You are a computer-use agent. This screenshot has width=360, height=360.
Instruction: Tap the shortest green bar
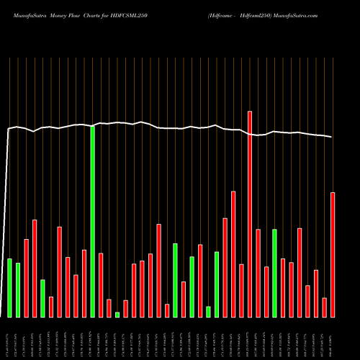(x=117, y=315)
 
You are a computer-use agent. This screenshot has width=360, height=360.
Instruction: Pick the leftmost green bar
(x=9, y=287)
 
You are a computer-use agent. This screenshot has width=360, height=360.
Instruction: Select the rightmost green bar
(x=274, y=273)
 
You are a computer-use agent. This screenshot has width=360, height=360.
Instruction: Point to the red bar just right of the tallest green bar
(x=101, y=285)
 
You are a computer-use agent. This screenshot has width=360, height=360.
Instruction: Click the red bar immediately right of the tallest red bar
(x=258, y=273)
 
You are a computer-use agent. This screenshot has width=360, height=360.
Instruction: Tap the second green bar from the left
(x=18, y=289)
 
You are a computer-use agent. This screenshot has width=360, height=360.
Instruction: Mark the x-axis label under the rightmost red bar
(x=333, y=338)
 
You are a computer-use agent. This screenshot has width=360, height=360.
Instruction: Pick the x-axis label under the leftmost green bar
(x=9, y=338)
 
